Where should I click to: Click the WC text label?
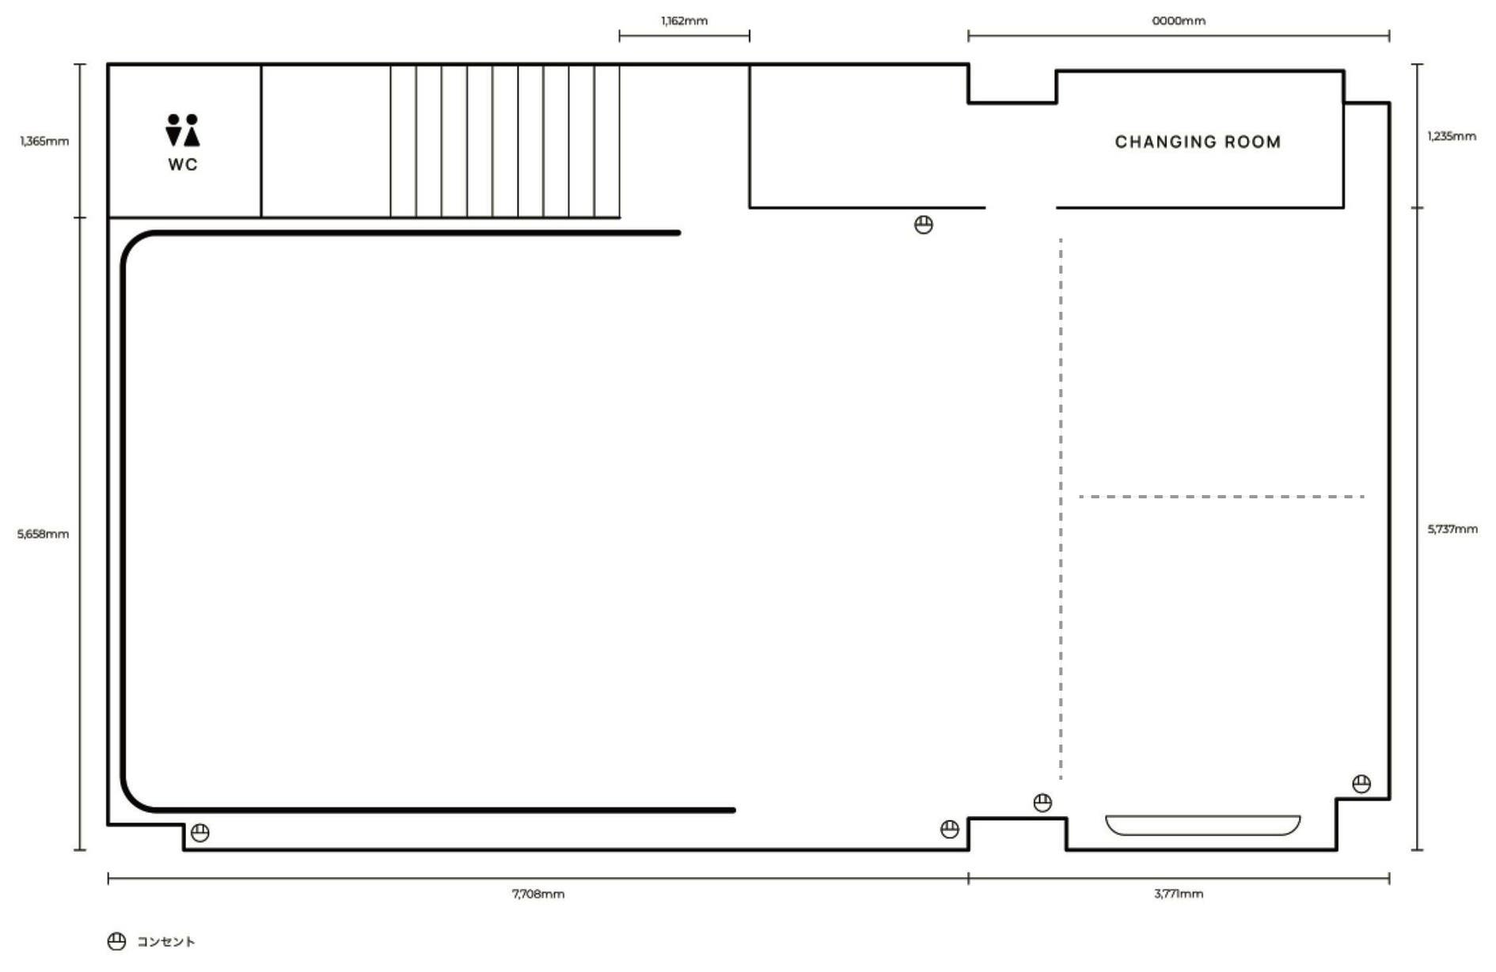coord(183,165)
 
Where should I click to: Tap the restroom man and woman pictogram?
coord(183,130)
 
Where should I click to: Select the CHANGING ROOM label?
coord(1198,142)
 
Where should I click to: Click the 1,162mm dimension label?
coord(685,21)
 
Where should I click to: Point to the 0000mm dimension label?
coord(1179,21)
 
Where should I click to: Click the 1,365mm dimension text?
coord(45,142)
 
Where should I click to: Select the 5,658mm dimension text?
coord(44,534)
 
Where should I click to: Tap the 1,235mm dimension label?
coord(1452,136)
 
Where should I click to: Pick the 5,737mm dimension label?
coord(1452,529)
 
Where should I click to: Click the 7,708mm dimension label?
coord(538,894)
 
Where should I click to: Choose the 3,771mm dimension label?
coord(1179,894)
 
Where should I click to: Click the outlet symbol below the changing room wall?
coord(924,225)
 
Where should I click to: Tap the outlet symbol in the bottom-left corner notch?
coord(200,833)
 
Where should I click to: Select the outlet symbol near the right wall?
coord(1361,784)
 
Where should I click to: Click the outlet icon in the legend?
coord(116,941)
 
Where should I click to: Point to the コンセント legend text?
coord(166,941)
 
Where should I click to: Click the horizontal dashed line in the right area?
coord(1221,497)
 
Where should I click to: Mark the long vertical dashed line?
coord(1061,509)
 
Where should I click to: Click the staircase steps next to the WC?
coord(505,141)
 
